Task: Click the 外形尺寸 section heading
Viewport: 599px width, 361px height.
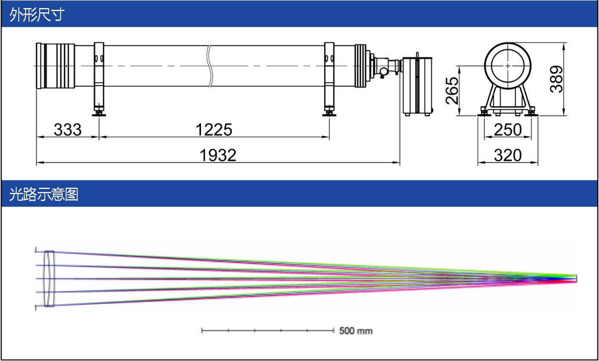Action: pos(37,15)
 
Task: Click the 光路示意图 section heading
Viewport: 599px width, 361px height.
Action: pos(44,194)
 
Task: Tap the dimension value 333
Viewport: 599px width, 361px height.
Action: pos(68,130)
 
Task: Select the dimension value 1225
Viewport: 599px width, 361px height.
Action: pos(214,130)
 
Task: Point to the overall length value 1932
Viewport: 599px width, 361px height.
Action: pos(218,155)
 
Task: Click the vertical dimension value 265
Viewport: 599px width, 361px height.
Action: pos(452,90)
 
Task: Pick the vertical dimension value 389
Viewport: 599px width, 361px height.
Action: pos(556,79)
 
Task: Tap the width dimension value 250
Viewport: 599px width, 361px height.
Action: pos(508,130)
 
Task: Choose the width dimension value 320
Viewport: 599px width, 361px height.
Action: pos(508,155)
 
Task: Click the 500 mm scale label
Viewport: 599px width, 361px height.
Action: pos(356,331)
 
